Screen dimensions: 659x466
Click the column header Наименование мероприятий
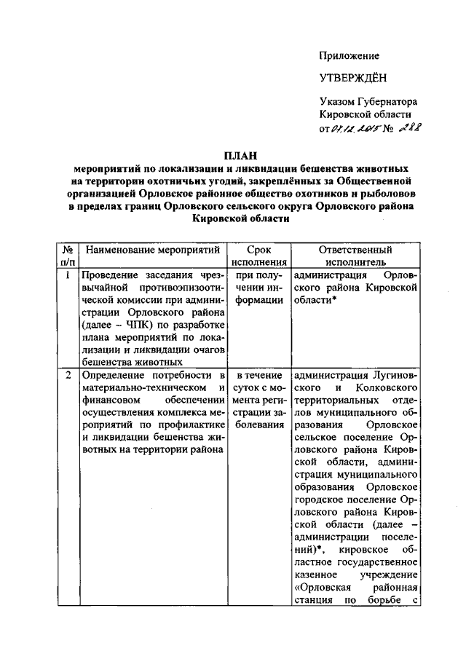coord(153,250)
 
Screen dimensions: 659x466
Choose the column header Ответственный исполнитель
coord(355,256)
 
